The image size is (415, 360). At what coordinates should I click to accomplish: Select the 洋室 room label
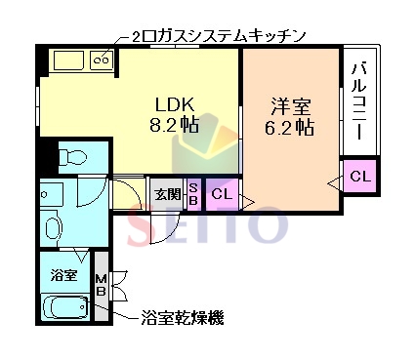click(x=290, y=102)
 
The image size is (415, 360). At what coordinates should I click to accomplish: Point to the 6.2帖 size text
click(x=290, y=126)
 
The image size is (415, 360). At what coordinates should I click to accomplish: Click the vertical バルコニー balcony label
click(x=358, y=101)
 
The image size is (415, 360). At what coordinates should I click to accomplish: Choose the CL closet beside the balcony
click(x=359, y=177)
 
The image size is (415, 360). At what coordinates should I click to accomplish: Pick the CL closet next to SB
click(x=222, y=193)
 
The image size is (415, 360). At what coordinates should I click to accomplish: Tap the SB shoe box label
click(x=193, y=192)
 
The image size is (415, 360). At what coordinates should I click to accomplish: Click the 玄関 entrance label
click(x=167, y=193)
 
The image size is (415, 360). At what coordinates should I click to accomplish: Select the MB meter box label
click(x=102, y=287)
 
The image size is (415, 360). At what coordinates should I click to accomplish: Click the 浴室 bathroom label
click(x=64, y=275)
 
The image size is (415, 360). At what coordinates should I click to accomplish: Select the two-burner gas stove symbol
click(x=101, y=60)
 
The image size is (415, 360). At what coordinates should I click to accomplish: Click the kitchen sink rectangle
click(x=69, y=60)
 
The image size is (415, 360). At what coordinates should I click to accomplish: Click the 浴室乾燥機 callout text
click(x=183, y=317)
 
